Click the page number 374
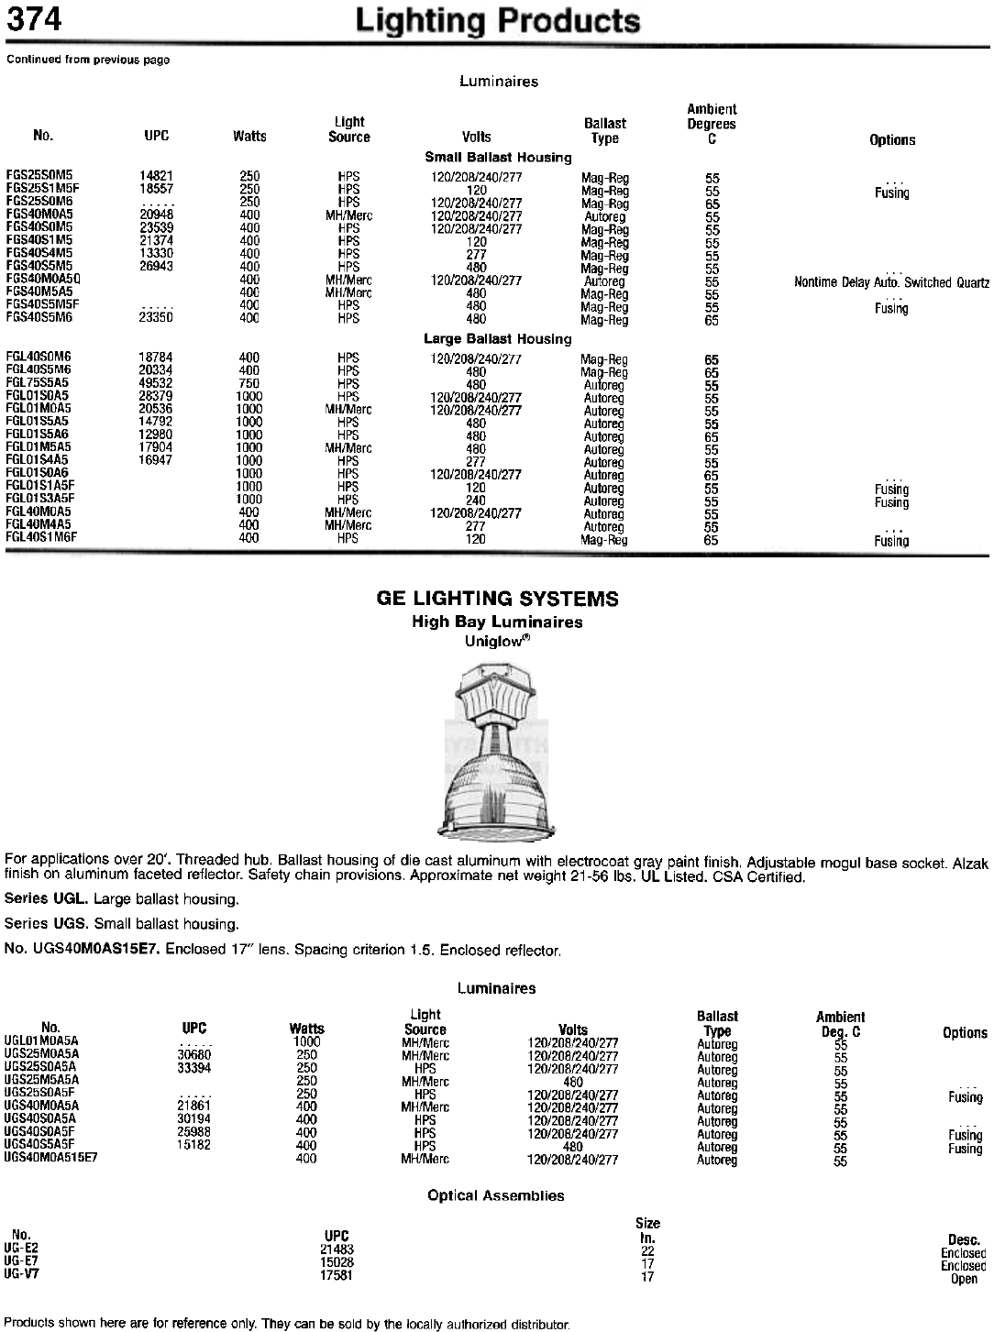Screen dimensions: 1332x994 [x=35, y=19]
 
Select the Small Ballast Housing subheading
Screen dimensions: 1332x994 [x=498, y=158]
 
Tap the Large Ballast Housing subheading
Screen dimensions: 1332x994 [x=497, y=339]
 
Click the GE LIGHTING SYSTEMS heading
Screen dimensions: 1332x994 [x=497, y=600]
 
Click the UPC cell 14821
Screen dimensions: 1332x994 [x=156, y=176]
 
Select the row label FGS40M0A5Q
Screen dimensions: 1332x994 [x=44, y=279]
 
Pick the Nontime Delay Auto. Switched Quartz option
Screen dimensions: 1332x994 [x=891, y=282]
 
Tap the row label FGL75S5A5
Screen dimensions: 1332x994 [x=39, y=383]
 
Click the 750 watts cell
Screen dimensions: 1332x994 [x=248, y=383]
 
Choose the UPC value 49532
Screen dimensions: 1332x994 [x=156, y=383]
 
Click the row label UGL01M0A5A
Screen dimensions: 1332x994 [x=42, y=1041]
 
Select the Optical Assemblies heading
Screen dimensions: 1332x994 [x=496, y=1195]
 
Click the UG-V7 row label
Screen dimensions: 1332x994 [x=21, y=1273]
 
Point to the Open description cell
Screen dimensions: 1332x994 [x=964, y=1279]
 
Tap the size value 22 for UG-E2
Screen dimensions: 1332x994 [x=647, y=1250]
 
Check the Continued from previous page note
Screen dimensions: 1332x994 [x=88, y=60]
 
